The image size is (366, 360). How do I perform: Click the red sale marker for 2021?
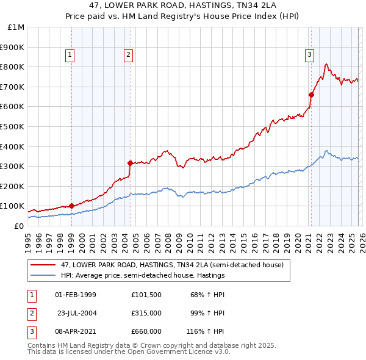click(x=311, y=95)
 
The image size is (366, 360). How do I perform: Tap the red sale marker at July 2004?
click(x=130, y=163)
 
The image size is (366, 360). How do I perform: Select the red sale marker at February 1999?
click(x=71, y=206)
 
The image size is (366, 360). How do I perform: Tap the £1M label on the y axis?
click(x=16, y=27)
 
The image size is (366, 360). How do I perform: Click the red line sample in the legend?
click(x=43, y=265)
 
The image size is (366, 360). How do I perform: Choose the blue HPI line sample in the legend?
click(x=43, y=276)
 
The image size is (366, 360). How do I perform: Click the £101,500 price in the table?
click(x=146, y=295)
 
